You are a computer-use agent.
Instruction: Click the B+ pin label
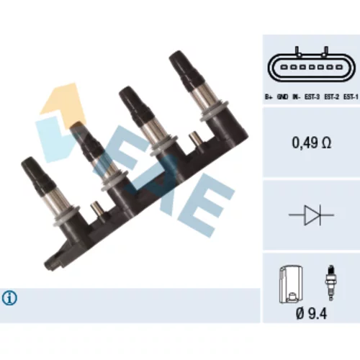269,96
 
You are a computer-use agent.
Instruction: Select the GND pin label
282,96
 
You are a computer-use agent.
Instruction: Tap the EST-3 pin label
312,96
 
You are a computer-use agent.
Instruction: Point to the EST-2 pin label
331,96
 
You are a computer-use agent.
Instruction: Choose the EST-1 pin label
351,96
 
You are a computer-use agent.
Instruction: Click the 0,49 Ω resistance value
311,143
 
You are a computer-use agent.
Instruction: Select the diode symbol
311,215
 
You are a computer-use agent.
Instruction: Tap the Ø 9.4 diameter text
311,313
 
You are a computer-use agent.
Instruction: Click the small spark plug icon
331,283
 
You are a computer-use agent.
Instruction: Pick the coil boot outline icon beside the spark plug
291,284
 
